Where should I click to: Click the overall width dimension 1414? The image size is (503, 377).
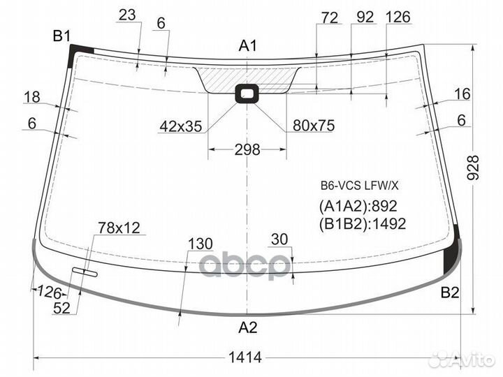[x=245, y=357]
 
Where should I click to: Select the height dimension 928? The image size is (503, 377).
[x=473, y=168]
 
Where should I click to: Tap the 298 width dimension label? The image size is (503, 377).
[x=247, y=149]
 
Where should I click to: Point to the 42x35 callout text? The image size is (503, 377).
[x=181, y=126]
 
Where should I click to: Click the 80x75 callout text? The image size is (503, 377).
[x=314, y=126]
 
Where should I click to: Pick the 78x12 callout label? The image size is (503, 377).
[x=119, y=228]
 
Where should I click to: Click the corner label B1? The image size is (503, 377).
[x=61, y=36]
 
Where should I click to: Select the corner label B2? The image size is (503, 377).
[x=450, y=293]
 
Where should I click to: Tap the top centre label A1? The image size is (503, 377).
[x=247, y=46]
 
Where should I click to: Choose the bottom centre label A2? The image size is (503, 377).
[x=247, y=327]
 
